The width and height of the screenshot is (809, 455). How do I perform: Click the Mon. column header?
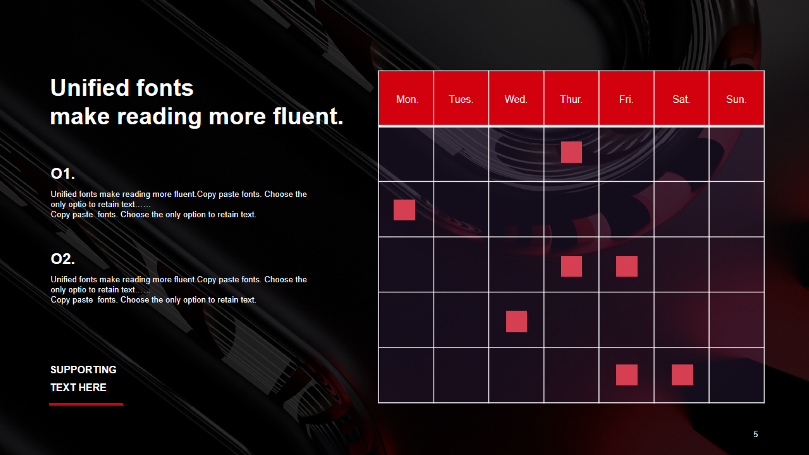pos(406,98)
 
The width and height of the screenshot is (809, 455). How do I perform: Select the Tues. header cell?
pos(461,98)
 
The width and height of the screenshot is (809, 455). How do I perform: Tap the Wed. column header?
pos(516,98)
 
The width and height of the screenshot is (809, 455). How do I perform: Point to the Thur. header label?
pos(571,99)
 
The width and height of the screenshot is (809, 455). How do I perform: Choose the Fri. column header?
pos(626,98)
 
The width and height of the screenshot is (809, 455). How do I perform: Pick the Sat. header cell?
pos(681,98)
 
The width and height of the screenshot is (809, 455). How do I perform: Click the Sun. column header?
pos(737,98)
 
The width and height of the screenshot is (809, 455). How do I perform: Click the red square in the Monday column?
pos(404,210)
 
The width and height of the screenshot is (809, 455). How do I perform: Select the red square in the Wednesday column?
pos(516,321)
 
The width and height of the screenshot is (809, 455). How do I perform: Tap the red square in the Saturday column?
pos(682,375)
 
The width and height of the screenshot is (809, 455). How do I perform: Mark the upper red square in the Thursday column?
pos(571,152)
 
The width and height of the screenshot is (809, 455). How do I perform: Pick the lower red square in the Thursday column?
pos(571,266)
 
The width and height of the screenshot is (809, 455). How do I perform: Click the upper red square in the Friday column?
pos(627,266)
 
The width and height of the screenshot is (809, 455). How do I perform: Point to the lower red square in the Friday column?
pos(627,375)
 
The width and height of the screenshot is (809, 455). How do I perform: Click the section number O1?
pos(63,174)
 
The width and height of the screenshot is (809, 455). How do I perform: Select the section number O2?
pos(63,259)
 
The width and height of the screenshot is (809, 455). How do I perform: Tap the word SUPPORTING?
pos(83,370)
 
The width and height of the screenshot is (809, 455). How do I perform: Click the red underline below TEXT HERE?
pos(86,404)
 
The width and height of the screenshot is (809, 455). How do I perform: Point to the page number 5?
pos(755,434)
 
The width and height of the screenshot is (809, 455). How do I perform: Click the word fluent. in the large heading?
pos(308,116)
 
